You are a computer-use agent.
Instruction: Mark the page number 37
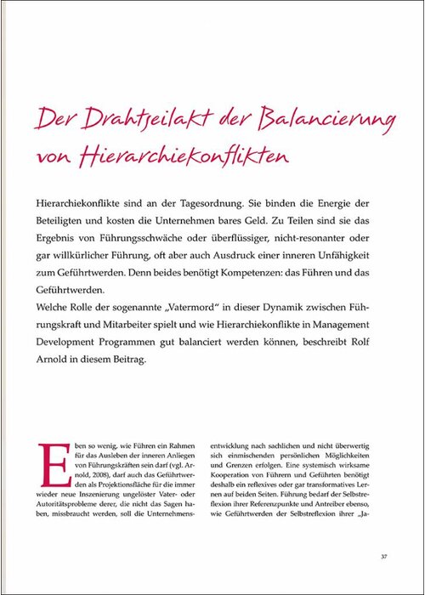click(x=384, y=556)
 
